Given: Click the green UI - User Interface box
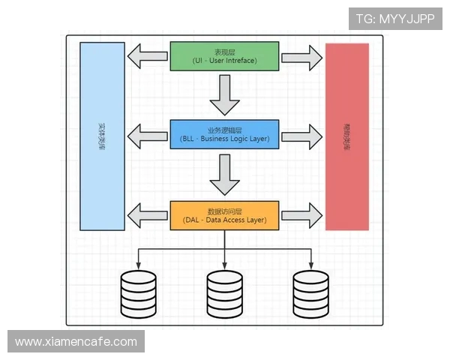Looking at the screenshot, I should [x=225, y=56].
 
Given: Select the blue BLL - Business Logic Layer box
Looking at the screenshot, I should [x=225, y=134].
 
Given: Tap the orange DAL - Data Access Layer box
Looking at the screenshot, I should [x=225, y=215].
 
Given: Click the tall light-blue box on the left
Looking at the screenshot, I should [x=102, y=136].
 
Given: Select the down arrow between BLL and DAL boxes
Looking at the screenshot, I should [x=224, y=174].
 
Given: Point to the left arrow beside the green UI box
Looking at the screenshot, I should [x=147, y=55].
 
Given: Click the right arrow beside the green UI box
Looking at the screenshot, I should [x=301, y=55].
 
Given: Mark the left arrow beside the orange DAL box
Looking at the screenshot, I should [x=147, y=215].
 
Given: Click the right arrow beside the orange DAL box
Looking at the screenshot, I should [x=301, y=215].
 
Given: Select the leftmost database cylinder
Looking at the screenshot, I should [x=139, y=294].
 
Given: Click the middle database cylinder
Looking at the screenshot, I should [x=225, y=294].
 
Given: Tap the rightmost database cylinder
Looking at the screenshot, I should [x=311, y=294].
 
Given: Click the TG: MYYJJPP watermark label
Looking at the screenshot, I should [x=395, y=19].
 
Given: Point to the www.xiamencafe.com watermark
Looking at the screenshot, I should [x=76, y=342].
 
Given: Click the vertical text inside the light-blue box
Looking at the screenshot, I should [x=102, y=136].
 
